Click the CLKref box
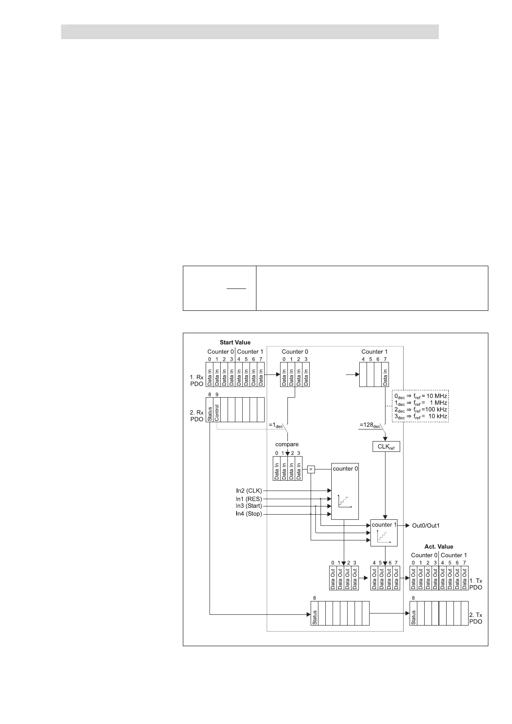click(x=386, y=447)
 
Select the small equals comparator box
click(x=311, y=469)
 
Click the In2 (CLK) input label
click(x=249, y=491)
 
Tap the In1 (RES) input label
click(x=249, y=499)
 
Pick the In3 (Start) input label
click(x=249, y=506)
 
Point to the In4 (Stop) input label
click(x=249, y=514)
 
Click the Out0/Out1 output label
click(x=426, y=525)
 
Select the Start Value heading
click(x=235, y=343)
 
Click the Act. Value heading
click(x=439, y=546)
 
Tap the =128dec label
click(x=370, y=426)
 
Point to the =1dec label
click(x=276, y=426)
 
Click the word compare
click(x=287, y=444)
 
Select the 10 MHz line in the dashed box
click(x=421, y=396)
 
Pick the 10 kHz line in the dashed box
click(x=421, y=416)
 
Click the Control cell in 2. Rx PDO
click(x=217, y=410)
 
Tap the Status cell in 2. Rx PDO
click(x=210, y=410)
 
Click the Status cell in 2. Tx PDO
click(x=413, y=614)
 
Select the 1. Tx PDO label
click(x=475, y=584)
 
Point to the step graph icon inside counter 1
click(x=384, y=537)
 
